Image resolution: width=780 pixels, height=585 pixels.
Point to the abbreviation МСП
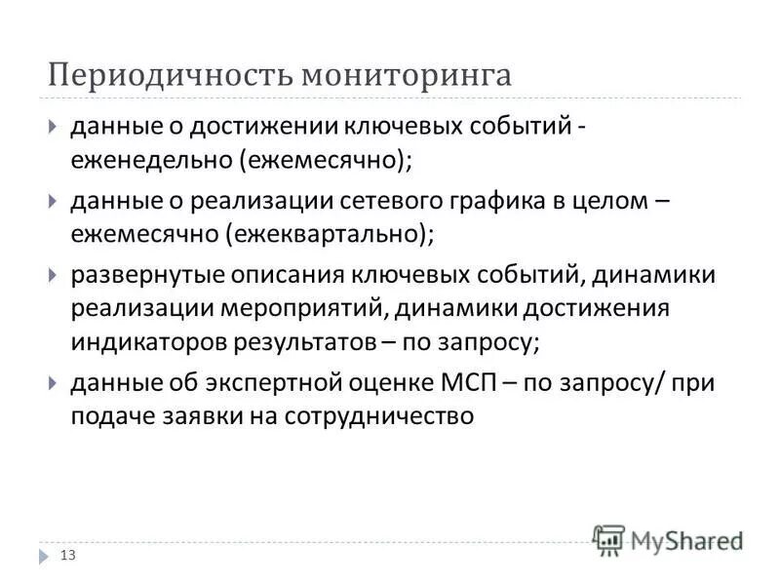point(470,382)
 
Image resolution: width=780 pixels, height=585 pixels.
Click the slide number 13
point(68,556)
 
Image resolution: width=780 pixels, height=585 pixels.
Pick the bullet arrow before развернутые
point(53,275)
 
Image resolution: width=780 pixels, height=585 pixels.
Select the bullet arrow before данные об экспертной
point(53,383)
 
